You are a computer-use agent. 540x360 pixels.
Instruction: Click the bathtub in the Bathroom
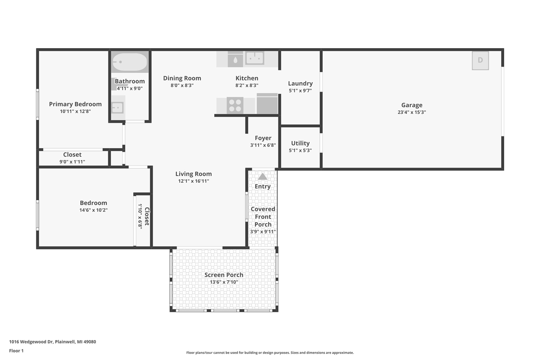(x=130, y=62)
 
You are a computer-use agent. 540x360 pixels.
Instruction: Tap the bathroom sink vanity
(x=118, y=108)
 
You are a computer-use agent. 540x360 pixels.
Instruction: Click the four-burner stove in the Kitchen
(x=235, y=106)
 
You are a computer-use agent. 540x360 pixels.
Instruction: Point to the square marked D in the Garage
(x=480, y=60)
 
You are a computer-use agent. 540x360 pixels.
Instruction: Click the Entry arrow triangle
(x=262, y=176)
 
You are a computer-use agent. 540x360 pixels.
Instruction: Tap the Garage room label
(x=412, y=105)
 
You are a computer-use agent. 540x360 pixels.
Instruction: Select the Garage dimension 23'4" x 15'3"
(x=412, y=112)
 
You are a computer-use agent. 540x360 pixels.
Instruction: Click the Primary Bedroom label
(x=75, y=104)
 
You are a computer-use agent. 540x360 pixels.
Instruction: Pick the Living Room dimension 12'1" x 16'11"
(x=194, y=181)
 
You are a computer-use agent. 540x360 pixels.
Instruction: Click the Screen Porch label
(x=224, y=275)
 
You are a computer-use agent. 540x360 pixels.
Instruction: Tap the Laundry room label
(x=300, y=84)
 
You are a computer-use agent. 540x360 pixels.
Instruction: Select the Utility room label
(x=300, y=143)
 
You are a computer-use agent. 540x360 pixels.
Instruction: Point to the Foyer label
(x=263, y=138)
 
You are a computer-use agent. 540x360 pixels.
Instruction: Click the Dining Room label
(x=182, y=78)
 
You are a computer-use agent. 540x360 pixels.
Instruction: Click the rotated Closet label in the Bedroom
(x=147, y=217)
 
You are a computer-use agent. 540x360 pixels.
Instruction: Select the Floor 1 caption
(x=16, y=351)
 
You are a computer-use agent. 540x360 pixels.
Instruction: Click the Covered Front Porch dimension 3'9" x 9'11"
(x=263, y=231)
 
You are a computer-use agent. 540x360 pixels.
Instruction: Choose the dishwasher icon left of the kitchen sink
(x=235, y=60)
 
